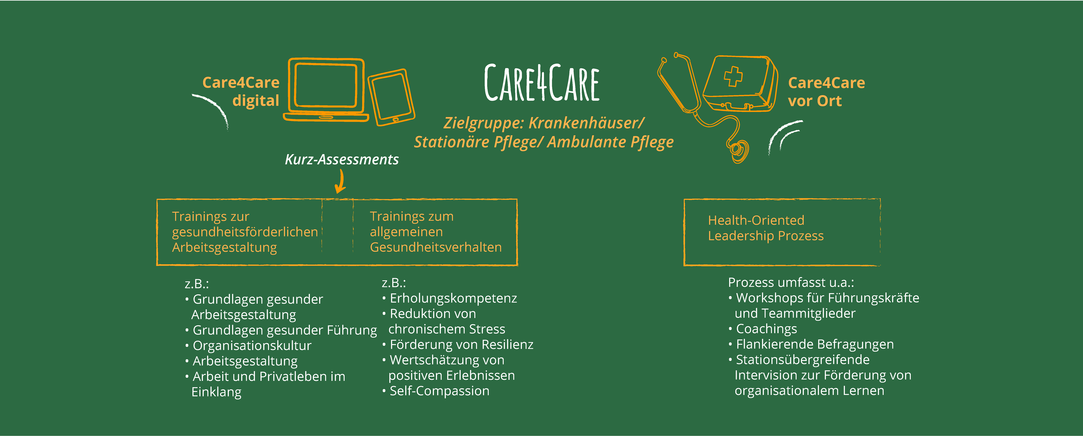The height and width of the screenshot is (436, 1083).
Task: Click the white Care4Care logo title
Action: [x=542, y=83]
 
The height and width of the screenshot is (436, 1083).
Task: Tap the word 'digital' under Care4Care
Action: [x=256, y=101]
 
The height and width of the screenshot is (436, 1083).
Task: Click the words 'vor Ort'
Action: [x=815, y=101]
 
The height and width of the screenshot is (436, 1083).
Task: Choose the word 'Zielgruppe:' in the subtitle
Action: [x=483, y=123]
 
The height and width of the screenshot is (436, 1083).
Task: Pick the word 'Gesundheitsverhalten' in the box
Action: [x=435, y=247]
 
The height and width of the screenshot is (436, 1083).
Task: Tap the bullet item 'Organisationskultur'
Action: [x=251, y=345]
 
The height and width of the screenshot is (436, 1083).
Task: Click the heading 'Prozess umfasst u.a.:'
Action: [x=791, y=282]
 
